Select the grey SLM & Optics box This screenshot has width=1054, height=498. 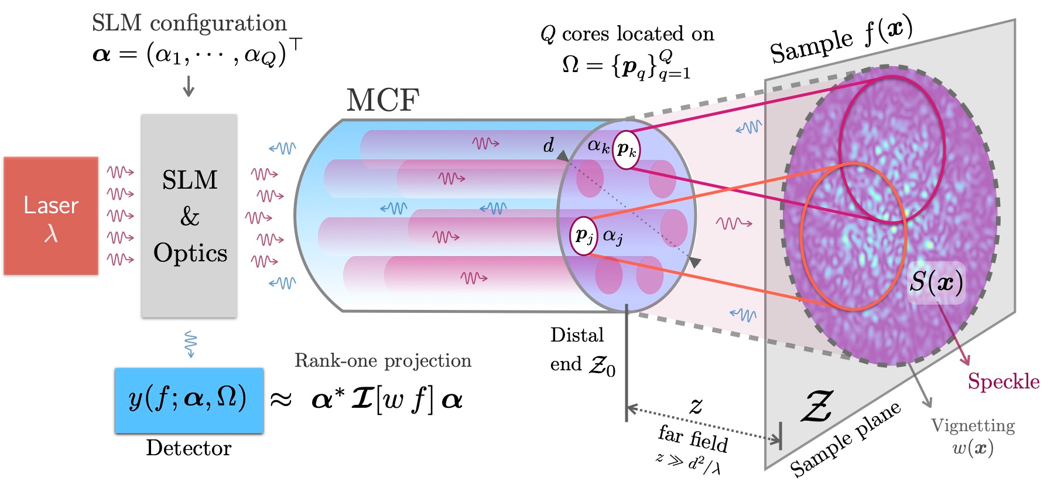click(189, 216)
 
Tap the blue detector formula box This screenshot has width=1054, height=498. click(189, 400)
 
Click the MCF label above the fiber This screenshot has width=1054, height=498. click(383, 100)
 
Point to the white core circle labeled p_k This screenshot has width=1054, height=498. click(627, 150)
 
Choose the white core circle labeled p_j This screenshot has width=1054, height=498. click(583, 236)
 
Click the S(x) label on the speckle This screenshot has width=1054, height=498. click(936, 282)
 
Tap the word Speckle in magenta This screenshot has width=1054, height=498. click(1003, 381)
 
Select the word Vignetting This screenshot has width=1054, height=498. click(973, 425)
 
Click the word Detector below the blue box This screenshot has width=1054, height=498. click(189, 448)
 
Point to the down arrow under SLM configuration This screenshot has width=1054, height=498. click(189, 86)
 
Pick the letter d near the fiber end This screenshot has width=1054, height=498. click(548, 145)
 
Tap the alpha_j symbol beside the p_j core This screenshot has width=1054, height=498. click(612, 236)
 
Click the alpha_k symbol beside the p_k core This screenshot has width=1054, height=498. click(598, 145)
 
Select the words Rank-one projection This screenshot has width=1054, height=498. click(383, 360)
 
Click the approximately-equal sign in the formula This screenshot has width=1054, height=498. click(281, 400)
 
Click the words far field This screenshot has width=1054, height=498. click(693, 438)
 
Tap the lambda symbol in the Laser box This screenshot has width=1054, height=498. click(51, 233)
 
